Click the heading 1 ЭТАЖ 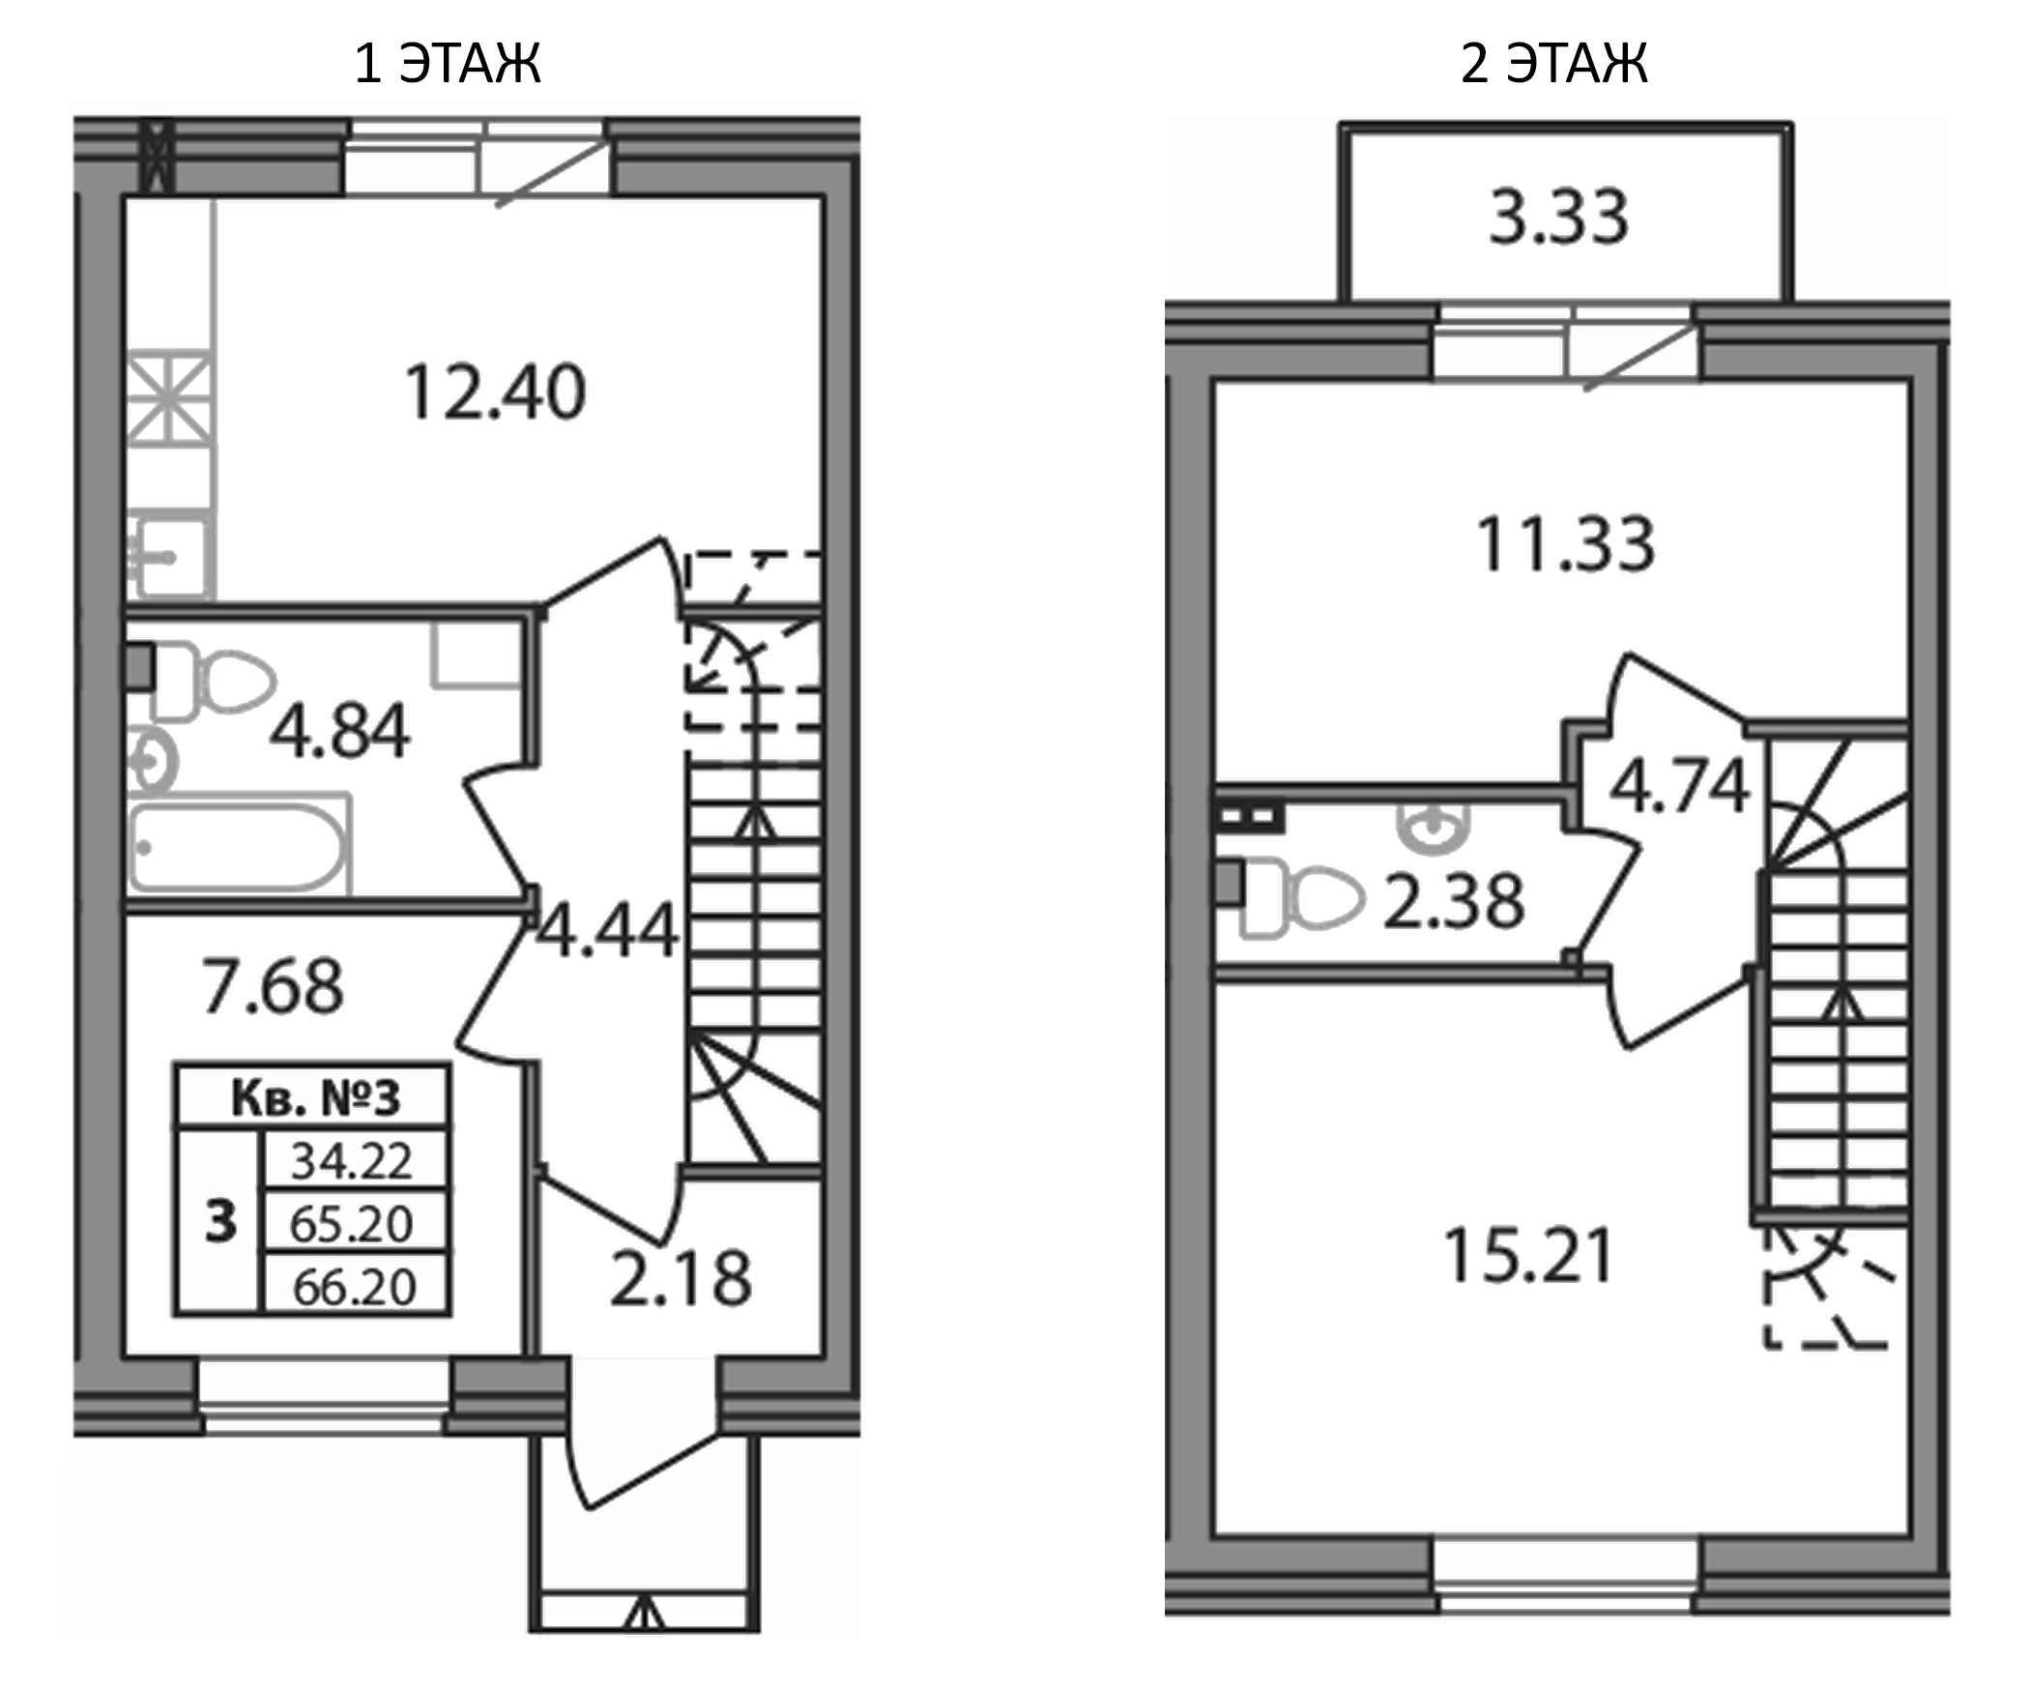447,64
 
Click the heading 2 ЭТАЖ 1553,64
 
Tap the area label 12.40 494,393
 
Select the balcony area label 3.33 1558,217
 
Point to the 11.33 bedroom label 1565,545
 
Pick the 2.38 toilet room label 1453,901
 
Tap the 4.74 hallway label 1679,785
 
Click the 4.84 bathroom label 339,731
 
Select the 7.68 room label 272,986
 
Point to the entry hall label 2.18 681,1279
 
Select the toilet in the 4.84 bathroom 222,681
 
